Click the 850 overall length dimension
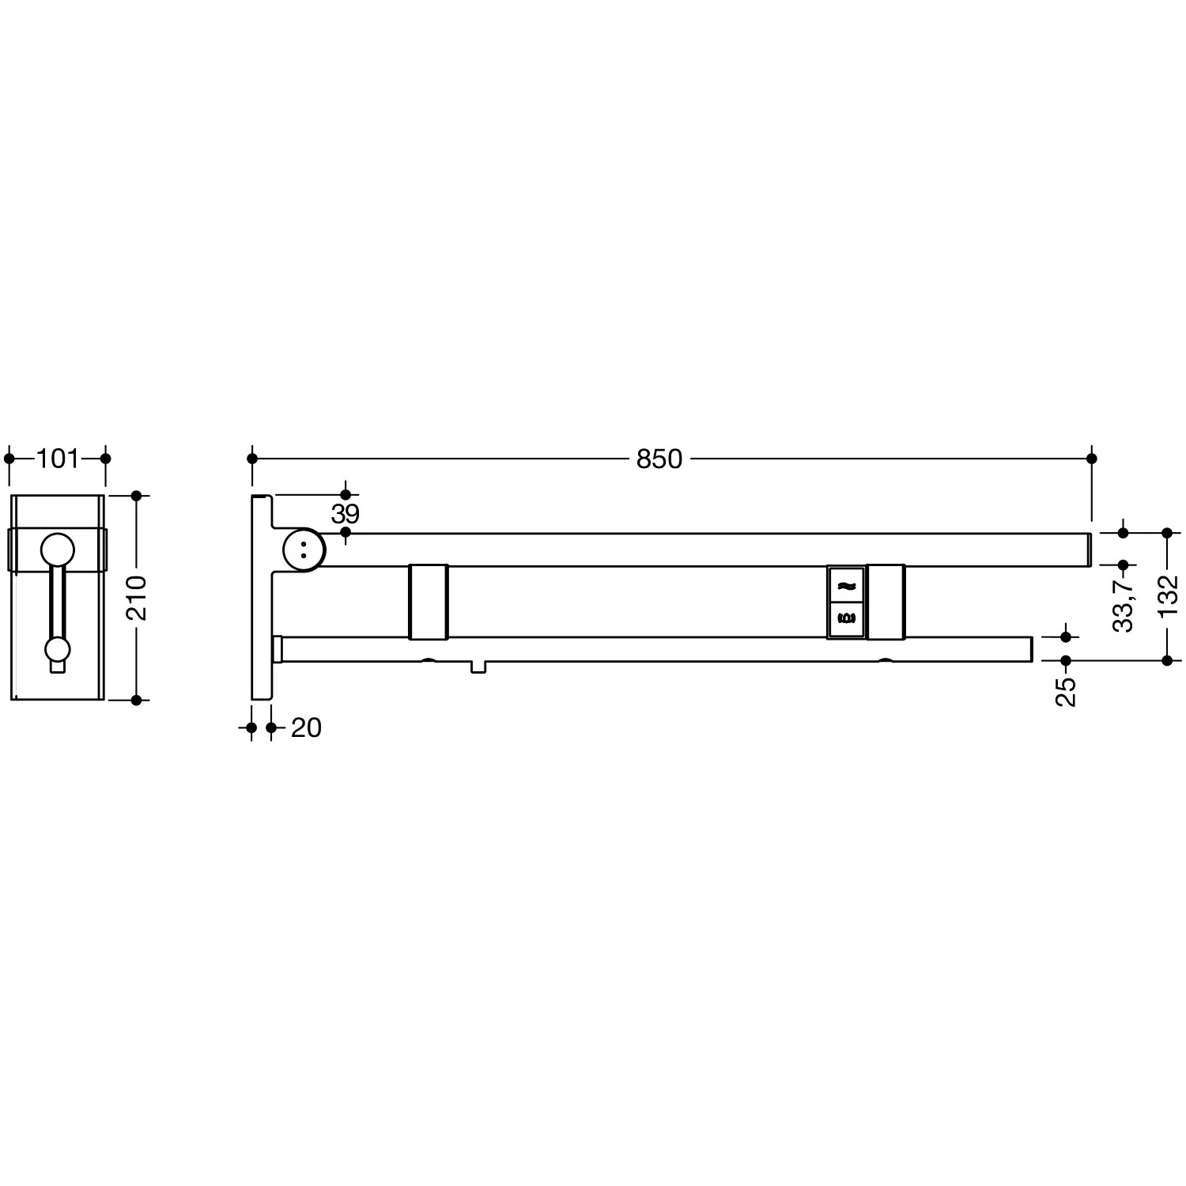point(659,459)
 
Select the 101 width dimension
point(58,459)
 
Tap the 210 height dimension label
point(137,598)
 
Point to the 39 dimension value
point(346,514)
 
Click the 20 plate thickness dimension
point(306,728)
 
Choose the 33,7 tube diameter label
point(1123,602)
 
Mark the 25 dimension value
point(1066,691)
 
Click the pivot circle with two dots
point(303,549)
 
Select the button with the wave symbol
point(846,585)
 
